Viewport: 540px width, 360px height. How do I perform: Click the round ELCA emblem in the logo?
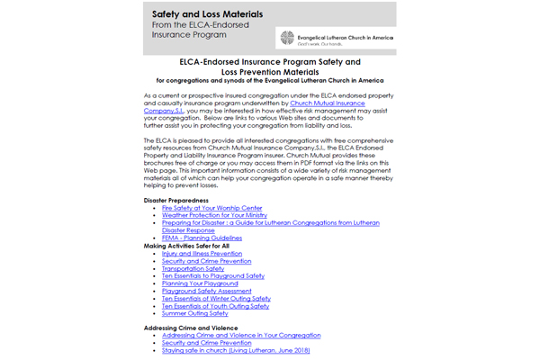288,38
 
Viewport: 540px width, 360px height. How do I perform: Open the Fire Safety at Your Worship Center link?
212,208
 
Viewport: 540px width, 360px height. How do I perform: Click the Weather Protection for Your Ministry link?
216,216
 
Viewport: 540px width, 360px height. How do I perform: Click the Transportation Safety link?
193,268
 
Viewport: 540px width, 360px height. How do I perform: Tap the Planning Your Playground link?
200,283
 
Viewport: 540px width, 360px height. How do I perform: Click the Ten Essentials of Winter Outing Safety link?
217,298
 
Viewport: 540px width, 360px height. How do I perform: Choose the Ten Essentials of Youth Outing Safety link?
216,306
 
